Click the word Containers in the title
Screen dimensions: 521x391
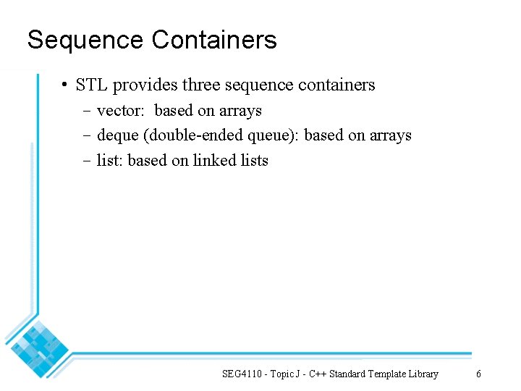pyautogui.click(x=214, y=40)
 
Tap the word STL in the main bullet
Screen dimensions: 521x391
pyautogui.click(x=91, y=85)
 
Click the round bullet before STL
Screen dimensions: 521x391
pyautogui.click(x=64, y=85)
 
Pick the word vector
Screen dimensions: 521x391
pyautogui.click(x=122, y=111)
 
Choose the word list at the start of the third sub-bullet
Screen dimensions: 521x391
pyautogui.click(x=109, y=160)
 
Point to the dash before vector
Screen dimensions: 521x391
pyautogui.click(x=86, y=112)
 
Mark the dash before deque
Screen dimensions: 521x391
pyautogui.click(x=86, y=136)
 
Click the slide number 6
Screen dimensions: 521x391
pyautogui.click(x=478, y=374)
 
